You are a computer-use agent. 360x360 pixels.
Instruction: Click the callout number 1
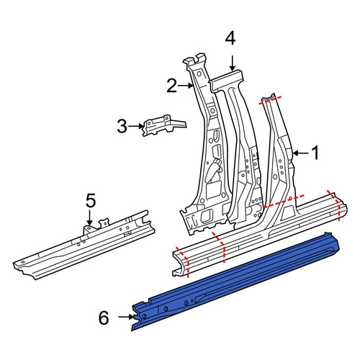pos(315,153)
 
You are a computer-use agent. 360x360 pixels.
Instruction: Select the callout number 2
pos(172,86)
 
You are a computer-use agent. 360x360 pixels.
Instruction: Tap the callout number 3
pos(122,126)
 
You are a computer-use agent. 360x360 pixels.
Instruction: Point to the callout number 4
pos(230,39)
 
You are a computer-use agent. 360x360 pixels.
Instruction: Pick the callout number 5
pos(91,201)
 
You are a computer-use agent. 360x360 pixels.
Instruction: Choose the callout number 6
pos(104,318)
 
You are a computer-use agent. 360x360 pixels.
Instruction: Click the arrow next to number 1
pos(301,153)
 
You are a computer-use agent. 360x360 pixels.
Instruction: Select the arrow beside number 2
pos(186,85)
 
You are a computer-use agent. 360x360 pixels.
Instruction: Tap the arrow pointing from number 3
pos(136,126)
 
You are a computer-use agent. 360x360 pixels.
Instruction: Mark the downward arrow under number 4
pos(232,63)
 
